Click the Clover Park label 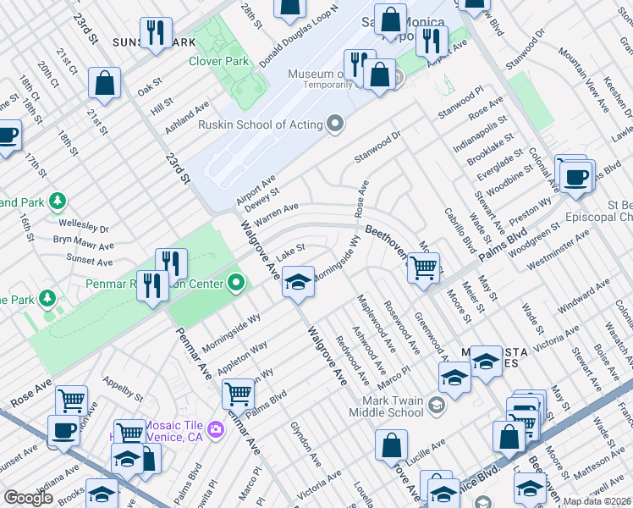218,61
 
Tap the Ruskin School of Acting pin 335,124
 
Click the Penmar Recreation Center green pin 236,283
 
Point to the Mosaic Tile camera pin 216,429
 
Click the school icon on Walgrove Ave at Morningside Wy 298,282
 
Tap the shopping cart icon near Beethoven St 422,268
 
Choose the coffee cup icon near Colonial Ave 576,177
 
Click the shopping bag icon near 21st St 105,83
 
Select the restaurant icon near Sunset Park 154,34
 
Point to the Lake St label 290,251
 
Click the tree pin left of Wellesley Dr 57,201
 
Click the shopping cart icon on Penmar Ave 238,394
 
